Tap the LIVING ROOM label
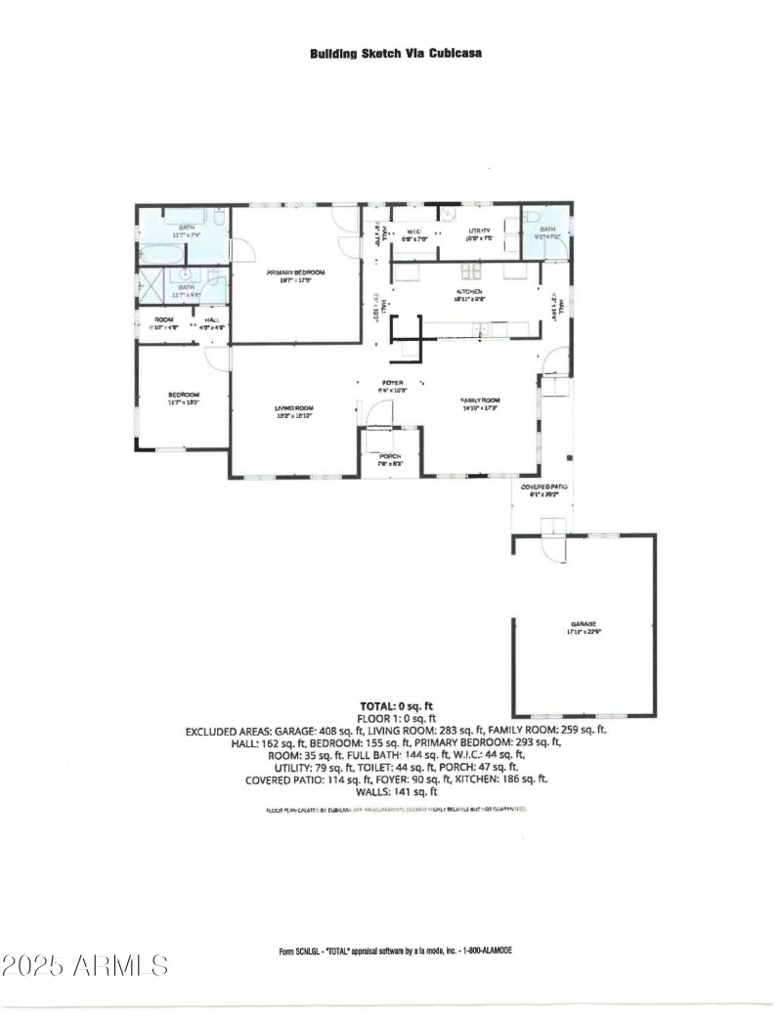click(292, 407)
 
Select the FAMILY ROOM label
click(480, 401)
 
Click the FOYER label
click(391, 383)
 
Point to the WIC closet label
click(413, 232)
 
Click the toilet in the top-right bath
click(529, 217)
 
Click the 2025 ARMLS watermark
click(85, 966)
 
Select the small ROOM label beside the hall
click(163, 321)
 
